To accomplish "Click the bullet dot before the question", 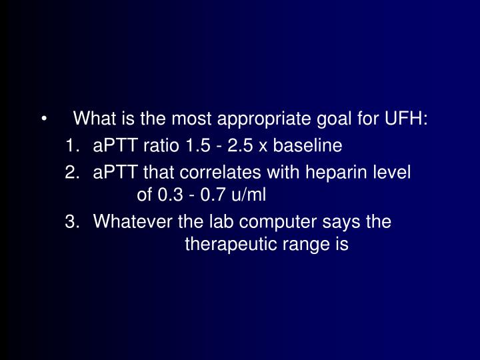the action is tap(45, 119).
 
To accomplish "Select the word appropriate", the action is tap(263, 120).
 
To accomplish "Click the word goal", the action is tap(334, 120).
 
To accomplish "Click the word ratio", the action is tap(161, 145).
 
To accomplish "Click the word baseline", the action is tap(307, 145).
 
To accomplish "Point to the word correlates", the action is tap(220, 172).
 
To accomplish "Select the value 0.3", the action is tap(170, 195).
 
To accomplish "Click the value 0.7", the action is tap(213, 195).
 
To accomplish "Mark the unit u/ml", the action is tap(249, 195).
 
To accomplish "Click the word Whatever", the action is tap(133, 221).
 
